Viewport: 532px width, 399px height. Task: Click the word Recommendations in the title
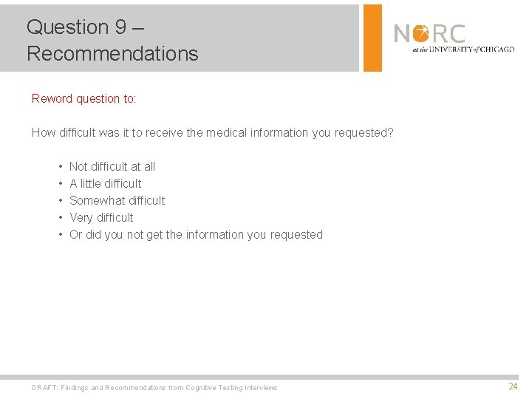(112, 54)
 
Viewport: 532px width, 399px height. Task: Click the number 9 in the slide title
(120, 27)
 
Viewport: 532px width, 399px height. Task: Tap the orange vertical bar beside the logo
(372, 38)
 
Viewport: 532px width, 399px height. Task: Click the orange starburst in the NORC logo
(420, 33)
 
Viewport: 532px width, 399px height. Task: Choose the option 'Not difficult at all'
(112, 167)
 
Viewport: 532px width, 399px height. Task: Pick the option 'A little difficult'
(105, 184)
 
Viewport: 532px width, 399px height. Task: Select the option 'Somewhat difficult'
(117, 201)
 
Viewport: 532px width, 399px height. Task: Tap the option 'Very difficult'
(101, 218)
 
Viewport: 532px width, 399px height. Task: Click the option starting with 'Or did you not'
(196, 235)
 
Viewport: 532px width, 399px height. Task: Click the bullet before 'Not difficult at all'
(58, 167)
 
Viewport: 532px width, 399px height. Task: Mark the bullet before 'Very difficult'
(58, 218)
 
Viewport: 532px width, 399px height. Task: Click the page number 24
(513, 386)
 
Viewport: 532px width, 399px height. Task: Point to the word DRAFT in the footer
(44, 388)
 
